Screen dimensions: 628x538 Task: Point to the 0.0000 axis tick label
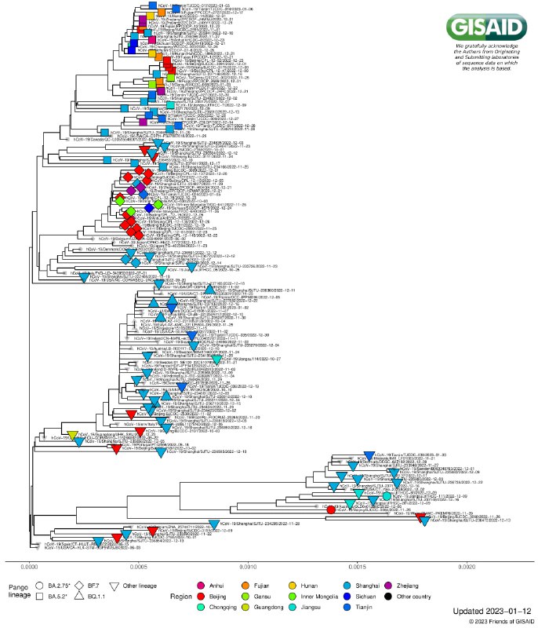click(30, 564)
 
